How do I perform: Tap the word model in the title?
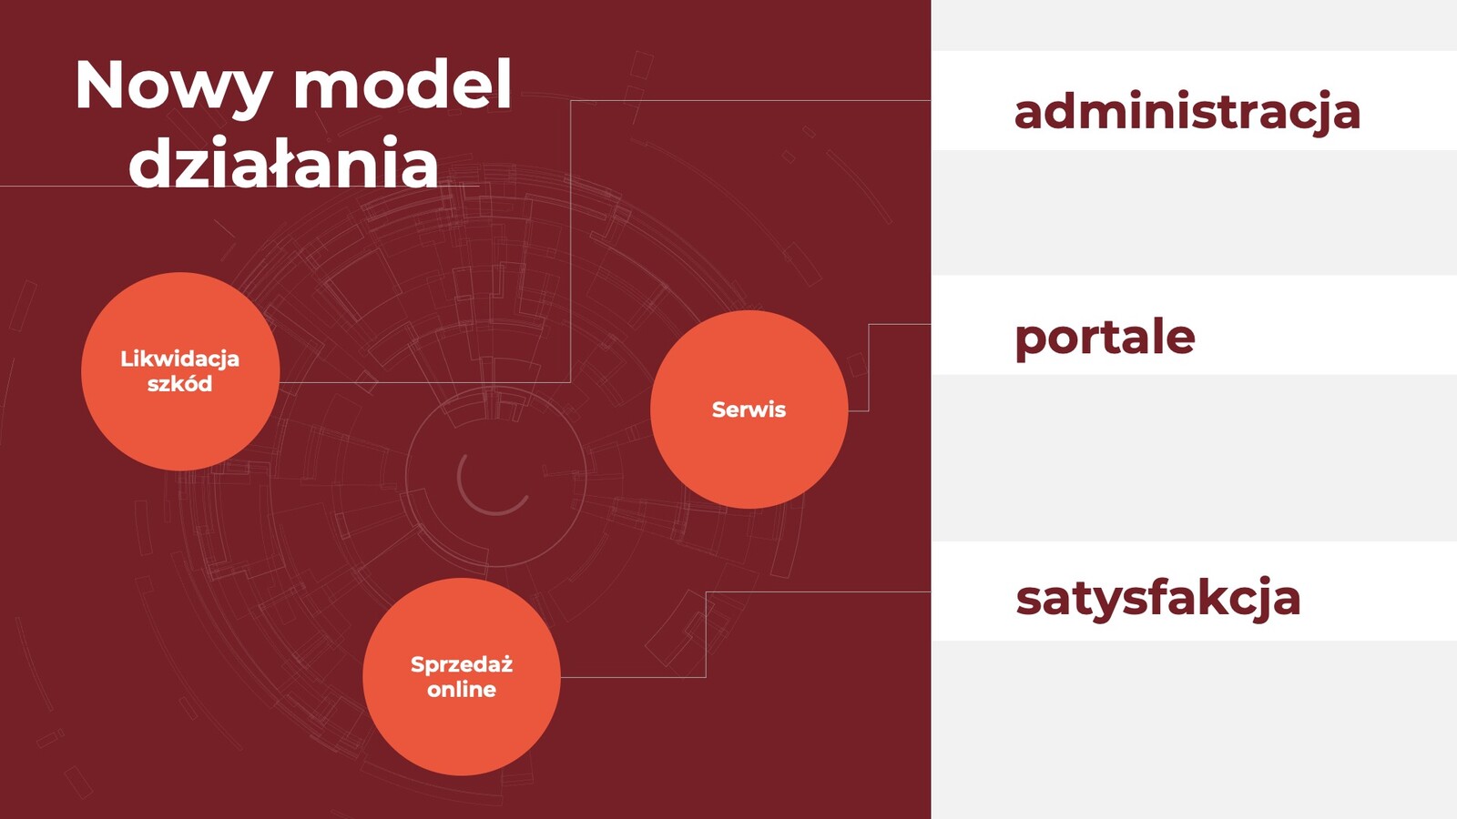pyautogui.click(x=402, y=85)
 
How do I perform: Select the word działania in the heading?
pyautogui.click(x=283, y=162)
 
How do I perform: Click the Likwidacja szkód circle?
pyautogui.click(x=180, y=371)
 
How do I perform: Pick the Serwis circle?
pyautogui.click(x=749, y=409)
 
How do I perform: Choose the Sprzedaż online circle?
pyautogui.click(x=462, y=677)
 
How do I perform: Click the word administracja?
pyautogui.click(x=1187, y=113)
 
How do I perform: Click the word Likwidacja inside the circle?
pyautogui.click(x=180, y=359)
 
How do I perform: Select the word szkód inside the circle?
pyautogui.click(x=180, y=383)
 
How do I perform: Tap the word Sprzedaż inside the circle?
pyautogui.click(x=462, y=665)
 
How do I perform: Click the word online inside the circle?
pyautogui.click(x=462, y=689)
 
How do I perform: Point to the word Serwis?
pyautogui.click(x=749, y=409)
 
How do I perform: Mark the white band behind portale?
pyautogui.click(x=1194, y=325)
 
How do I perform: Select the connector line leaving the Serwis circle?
pyautogui.click(x=869, y=368)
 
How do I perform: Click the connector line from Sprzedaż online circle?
pyautogui.click(x=707, y=634)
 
